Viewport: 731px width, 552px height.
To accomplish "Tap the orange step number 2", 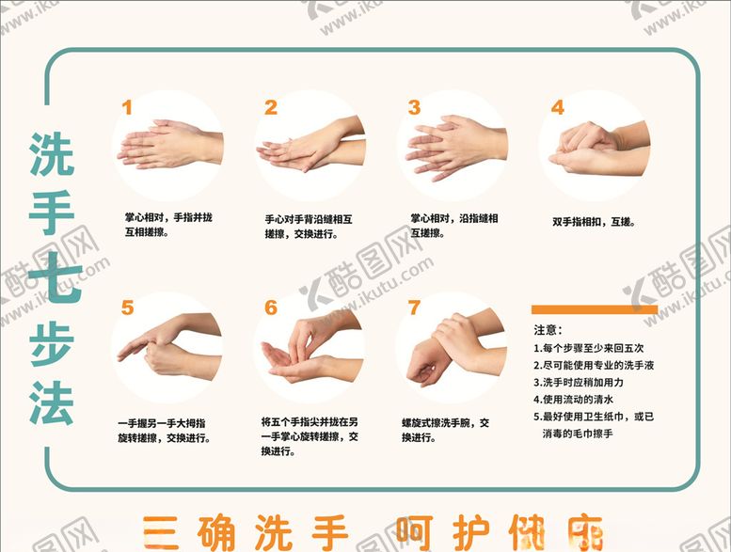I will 271,107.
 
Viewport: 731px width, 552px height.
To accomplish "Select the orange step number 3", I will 414,107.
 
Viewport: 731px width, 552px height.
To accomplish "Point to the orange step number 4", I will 557,107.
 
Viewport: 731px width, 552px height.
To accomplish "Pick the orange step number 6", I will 271,308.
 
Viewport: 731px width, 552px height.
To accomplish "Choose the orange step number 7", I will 414,308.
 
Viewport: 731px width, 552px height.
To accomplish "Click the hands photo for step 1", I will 169,146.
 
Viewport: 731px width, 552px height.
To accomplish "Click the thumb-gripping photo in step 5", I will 167,348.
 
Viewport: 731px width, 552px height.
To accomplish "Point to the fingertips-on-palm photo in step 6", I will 310,348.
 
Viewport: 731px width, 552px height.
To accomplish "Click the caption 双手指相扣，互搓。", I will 593,223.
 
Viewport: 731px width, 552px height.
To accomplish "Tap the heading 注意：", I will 548,330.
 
